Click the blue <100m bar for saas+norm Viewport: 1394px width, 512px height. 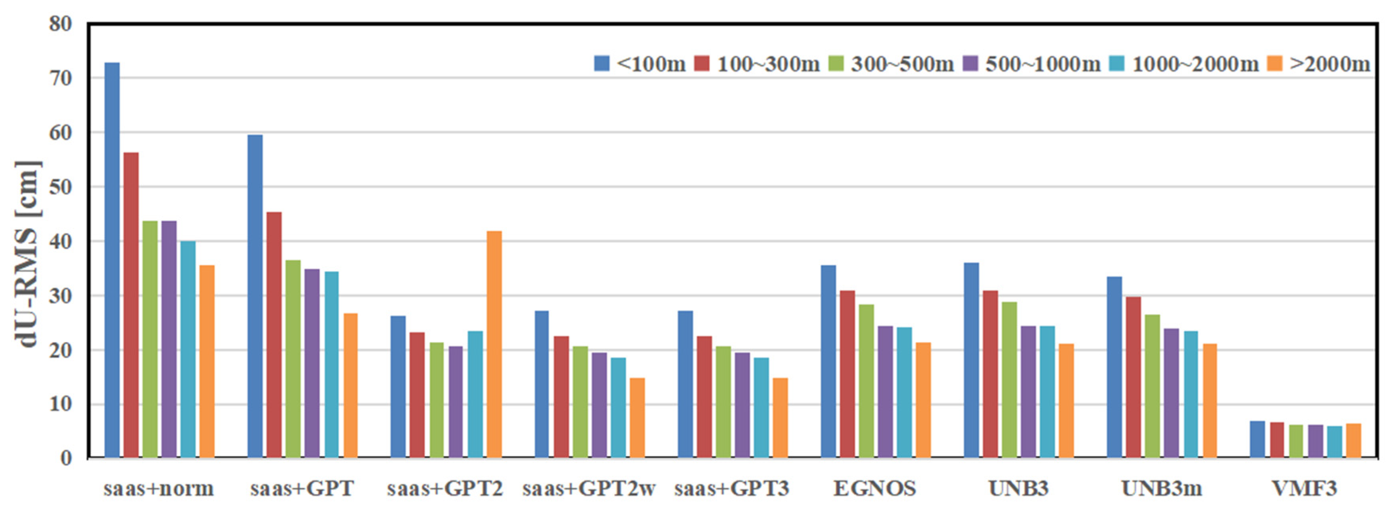point(112,260)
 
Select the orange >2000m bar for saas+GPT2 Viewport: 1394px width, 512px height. point(494,344)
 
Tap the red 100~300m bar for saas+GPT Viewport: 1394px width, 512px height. point(274,335)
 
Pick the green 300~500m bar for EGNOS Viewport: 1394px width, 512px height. point(866,381)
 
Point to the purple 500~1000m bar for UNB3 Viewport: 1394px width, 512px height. point(1028,392)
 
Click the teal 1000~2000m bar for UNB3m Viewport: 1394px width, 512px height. point(1191,395)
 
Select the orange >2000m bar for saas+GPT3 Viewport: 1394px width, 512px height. point(780,417)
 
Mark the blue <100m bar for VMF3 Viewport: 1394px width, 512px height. point(1257,439)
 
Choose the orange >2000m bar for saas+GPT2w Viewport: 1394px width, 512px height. point(637,417)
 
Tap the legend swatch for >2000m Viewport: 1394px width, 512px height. point(1275,64)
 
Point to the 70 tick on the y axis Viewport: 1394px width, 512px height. point(60,78)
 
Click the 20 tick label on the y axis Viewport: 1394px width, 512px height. point(60,350)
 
